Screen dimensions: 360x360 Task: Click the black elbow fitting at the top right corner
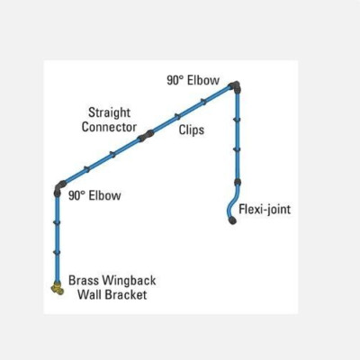[235, 86]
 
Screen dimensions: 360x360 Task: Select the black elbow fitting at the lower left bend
[59, 188]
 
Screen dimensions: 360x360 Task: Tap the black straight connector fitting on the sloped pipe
[146, 136]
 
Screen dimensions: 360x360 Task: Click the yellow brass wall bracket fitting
[58, 288]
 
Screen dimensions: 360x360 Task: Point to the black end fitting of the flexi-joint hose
[232, 220]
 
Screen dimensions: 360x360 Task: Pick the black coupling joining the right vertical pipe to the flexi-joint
[238, 182]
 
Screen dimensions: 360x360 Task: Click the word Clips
[192, 130]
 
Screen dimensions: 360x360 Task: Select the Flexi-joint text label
[265, 209]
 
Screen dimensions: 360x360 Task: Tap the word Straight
[110, 113]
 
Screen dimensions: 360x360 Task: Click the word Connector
[109, 127]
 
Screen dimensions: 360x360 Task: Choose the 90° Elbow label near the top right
[193, 80]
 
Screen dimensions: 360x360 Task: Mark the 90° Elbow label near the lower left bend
[94, 195]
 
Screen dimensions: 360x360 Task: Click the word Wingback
[129, 281]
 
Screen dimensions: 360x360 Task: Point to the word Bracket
[126, 294]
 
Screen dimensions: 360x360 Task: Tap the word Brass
[84, 281]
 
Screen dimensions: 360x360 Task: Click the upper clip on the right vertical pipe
[237, 120]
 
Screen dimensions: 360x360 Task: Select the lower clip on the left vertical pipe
[57, 252]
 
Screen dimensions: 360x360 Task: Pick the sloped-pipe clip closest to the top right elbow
[203, 102]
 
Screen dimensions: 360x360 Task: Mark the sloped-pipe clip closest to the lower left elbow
[86, 169]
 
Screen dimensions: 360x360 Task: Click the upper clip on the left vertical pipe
[57, 222]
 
